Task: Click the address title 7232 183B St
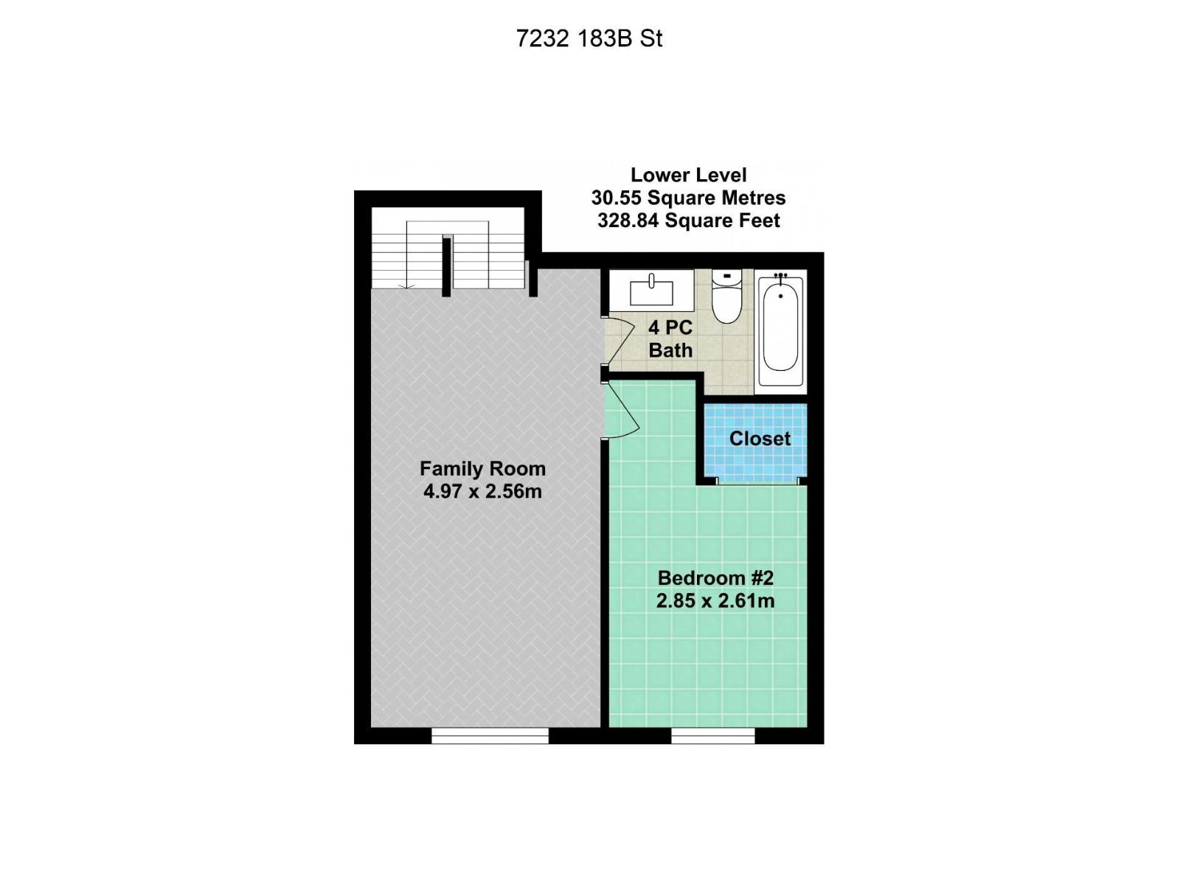click(x=589, y=38)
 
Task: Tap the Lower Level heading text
click(x=688, y=176)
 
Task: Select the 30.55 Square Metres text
click(x=688, y=198)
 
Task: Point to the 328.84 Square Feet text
click(x=688, y=221)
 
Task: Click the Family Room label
click(x=482, y=468)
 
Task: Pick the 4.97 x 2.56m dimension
click(x=482, y=491)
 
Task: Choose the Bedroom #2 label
click(x=715, y=577)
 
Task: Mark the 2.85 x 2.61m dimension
click(x=715, y=600)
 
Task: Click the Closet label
click(x=760, y=438)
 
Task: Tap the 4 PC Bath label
click(x=670, y=339)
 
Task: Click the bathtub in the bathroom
click(x=780, y=330)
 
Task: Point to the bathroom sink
click(x=651, y=290)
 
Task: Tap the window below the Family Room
click(x=490, y=735)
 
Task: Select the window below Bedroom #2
click(x=713, y=735)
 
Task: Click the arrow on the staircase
click(x=404, y=284)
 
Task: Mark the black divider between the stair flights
click(x=446, y=265)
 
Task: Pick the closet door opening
click(x=757, y=481)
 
